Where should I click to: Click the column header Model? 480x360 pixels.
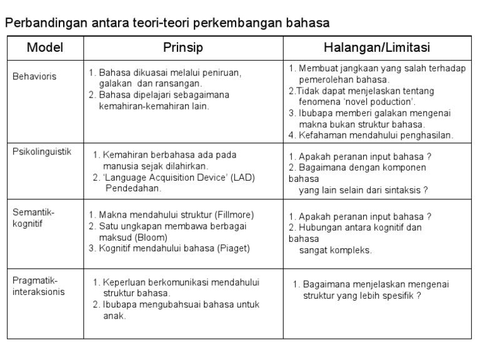point(45,47)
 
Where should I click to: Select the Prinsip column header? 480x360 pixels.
point(183,47)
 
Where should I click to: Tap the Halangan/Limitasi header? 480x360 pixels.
point(377,47)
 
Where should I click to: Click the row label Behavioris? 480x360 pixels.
point(34,77)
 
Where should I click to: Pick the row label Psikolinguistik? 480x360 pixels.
point(42,152)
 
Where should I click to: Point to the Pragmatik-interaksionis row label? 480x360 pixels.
point(38,286)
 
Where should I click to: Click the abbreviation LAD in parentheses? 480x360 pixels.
point(242,177)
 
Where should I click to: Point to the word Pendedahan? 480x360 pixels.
point(133,188)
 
